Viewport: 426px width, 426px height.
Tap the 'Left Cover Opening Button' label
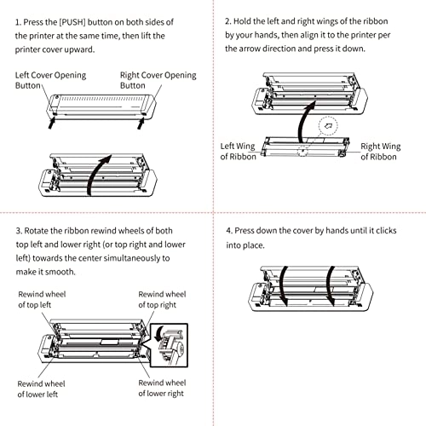(x=52, y=80)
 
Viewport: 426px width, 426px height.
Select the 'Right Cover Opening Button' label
(x=158, y=80)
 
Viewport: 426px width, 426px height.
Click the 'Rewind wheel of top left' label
(x=43, y=299)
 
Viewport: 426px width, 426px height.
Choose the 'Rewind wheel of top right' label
(x=163, y=299)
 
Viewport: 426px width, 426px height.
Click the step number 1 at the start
(x=18, y=20)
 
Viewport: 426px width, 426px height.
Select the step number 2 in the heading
(x=227, y=20)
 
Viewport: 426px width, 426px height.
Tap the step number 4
(x=228, y=230)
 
